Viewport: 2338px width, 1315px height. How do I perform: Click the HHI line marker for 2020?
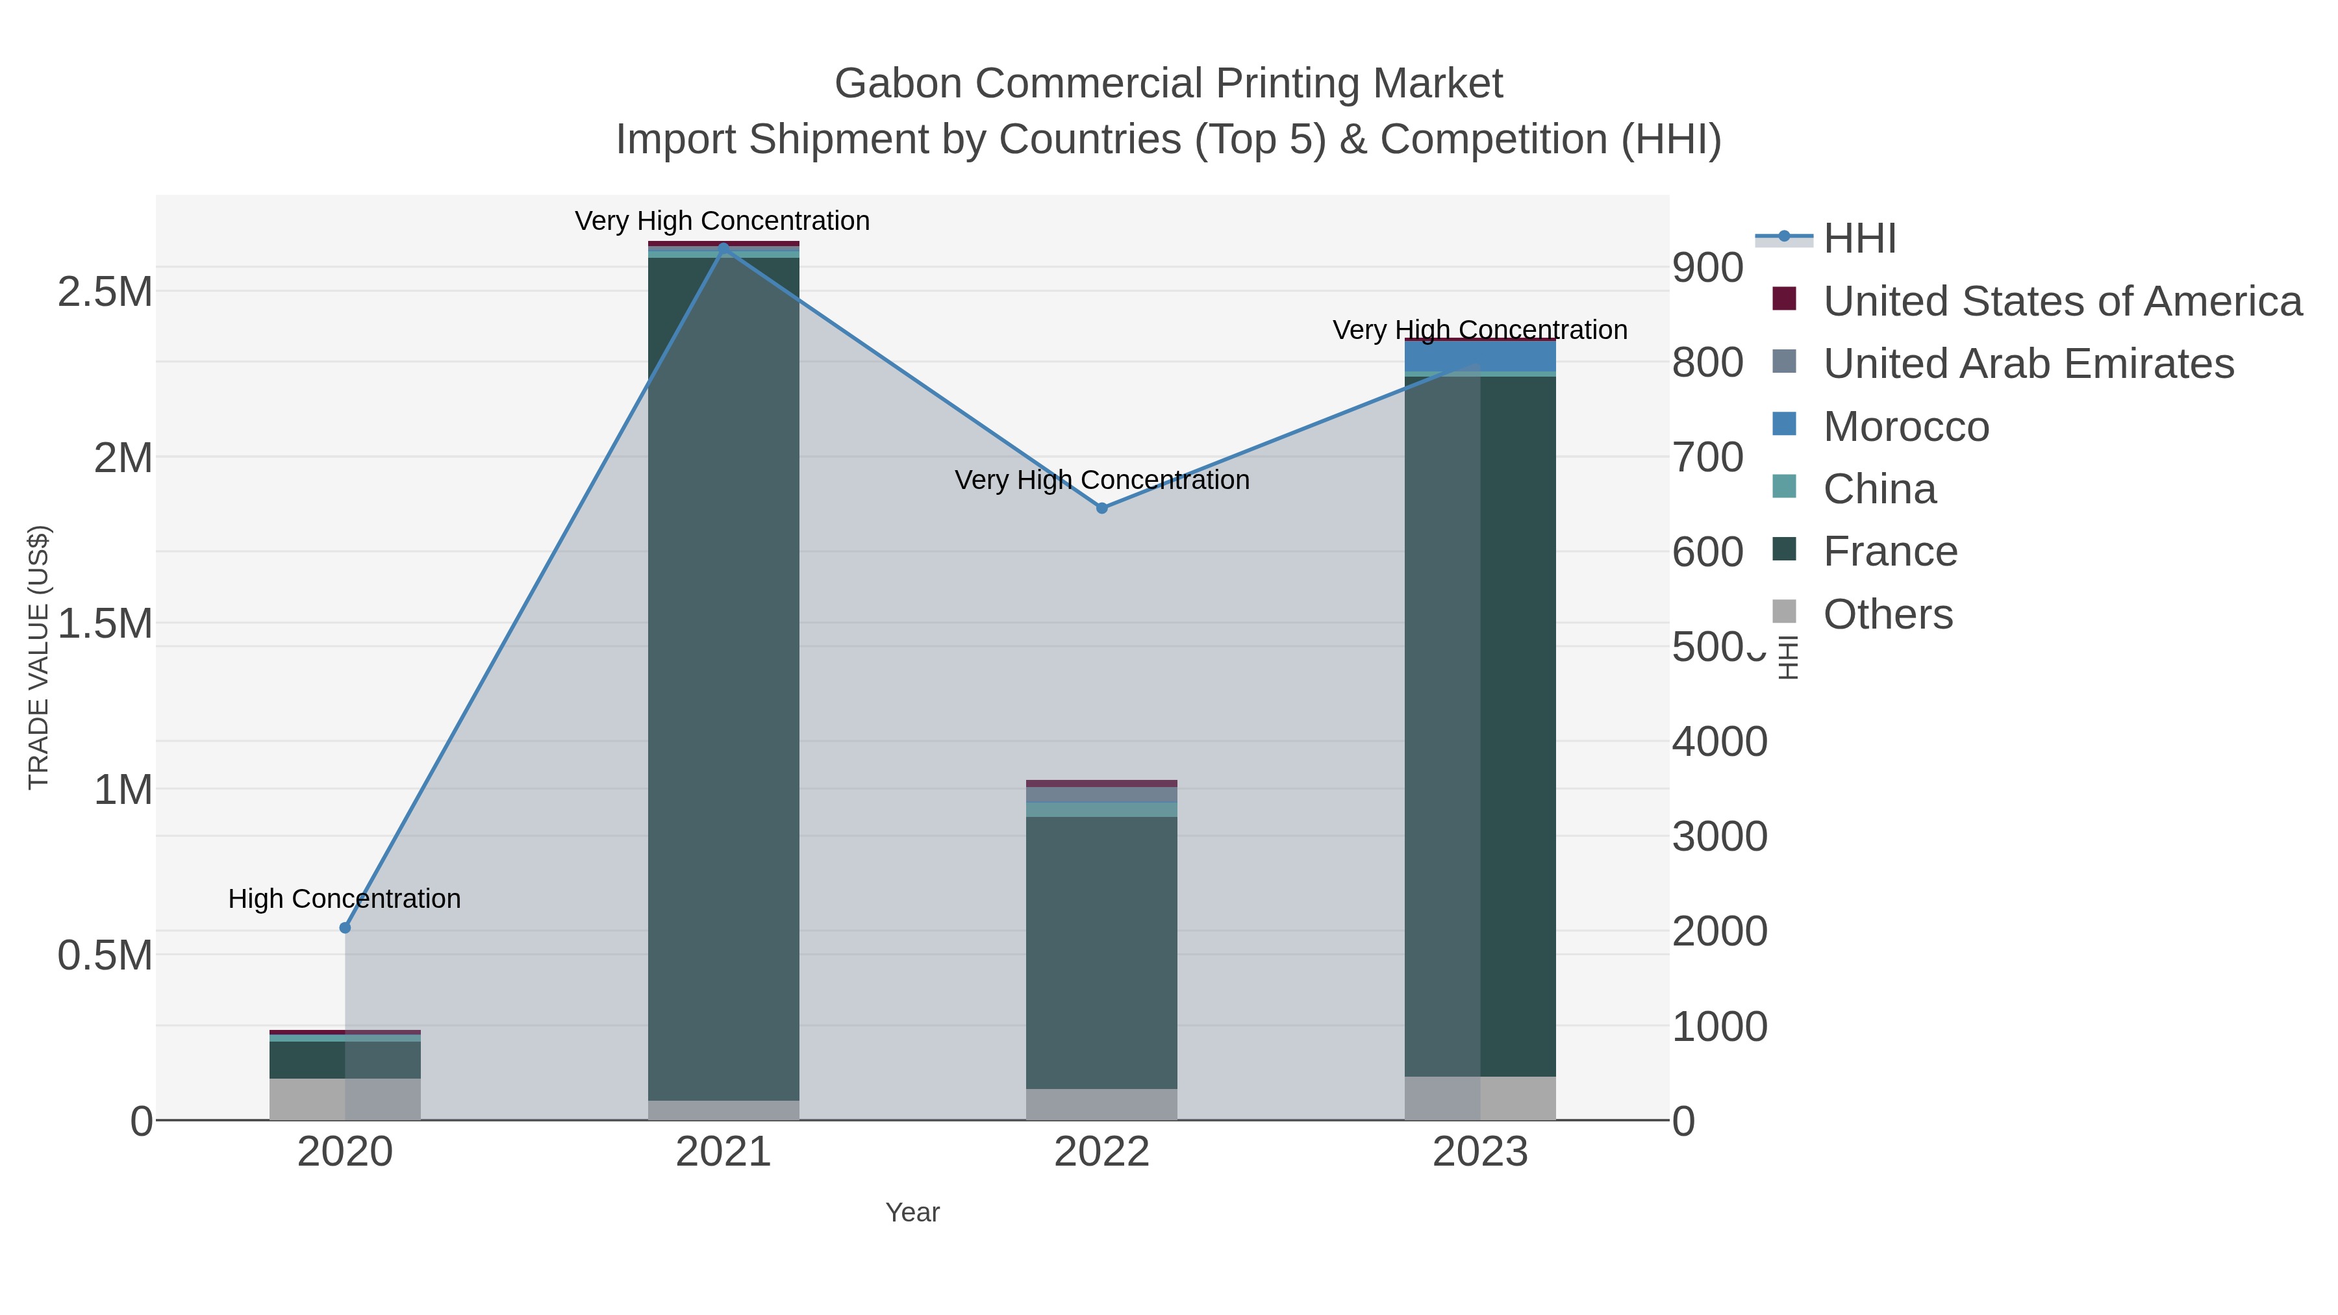pos(345,927)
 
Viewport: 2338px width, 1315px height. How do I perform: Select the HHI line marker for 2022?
pos(1102,508)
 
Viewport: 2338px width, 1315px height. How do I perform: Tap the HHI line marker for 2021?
pos(723,248)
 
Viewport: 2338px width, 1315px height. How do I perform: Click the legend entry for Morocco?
pos(1906,427)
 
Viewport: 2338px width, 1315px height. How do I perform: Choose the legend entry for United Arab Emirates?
pos(2028,364)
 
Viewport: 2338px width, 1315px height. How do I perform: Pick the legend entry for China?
pos(1879,489)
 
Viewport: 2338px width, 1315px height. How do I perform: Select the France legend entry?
pos(1891,552)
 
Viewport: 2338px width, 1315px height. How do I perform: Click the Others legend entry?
pos(1888,614)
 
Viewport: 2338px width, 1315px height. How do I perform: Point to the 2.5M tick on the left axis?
pos(105,292)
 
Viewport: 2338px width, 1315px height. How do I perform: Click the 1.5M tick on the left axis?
pos(105,624)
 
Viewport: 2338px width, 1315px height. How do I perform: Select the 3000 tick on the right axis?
pos(1719,837)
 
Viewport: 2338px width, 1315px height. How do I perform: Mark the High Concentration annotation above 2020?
pos(345,899)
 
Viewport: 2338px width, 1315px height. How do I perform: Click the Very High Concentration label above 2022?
pos(1102,479)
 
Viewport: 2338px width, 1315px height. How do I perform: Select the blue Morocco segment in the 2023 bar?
pos(1480,356)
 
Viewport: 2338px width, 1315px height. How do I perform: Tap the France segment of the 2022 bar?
pos(1102,953)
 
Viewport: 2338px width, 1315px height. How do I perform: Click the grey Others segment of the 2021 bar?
pos(723,1110)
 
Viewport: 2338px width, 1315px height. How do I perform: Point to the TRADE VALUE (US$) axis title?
pos(38,657)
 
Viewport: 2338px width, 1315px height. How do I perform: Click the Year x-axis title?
pos(912,1212)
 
